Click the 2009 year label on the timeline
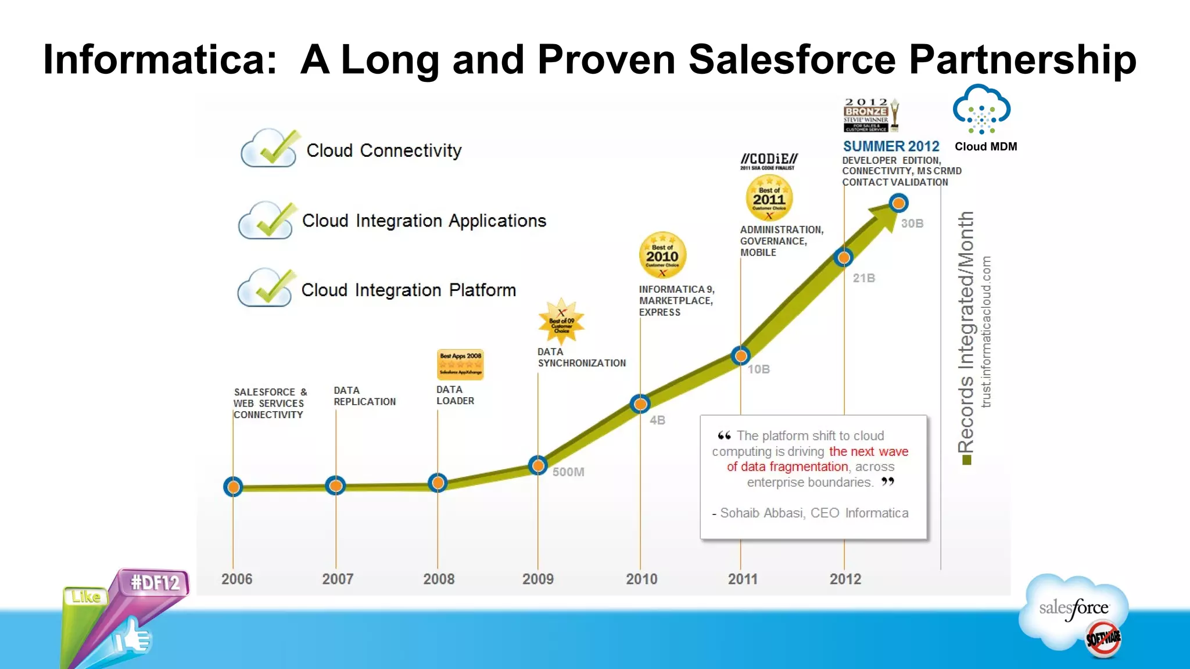[537, 579]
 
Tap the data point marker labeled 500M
[538, 465]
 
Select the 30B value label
[912, 224]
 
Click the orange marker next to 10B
[740, 355]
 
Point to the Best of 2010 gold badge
[662, 255]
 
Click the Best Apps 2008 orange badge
[460, 364]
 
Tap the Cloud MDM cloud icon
[981, 110]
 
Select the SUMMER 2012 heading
[891, 146]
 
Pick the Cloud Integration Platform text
[408, 290]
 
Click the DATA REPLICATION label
[364, 396]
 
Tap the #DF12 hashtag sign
[155, 582]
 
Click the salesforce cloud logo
[1074, 609]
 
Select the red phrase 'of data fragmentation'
[787, 467]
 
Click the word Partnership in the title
[1022, 59]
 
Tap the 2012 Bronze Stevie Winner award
[870, 115]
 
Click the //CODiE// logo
[769, 160]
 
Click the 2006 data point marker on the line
[233, 487]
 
